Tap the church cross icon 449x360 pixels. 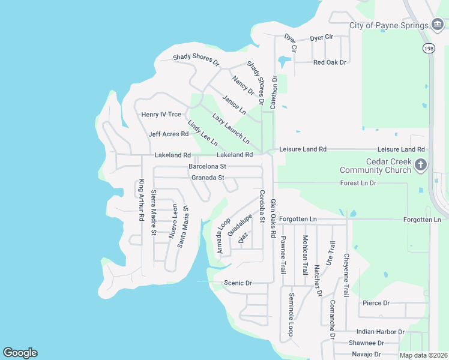tap(421, 165)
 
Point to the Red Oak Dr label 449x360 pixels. tap(330, 62)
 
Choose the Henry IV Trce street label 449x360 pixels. tap(161, 115)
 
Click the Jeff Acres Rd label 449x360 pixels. tap(169, 134)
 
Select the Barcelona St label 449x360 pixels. tap(207, 166)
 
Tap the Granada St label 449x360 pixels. tap(208, 178)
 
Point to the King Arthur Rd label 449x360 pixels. tap(142, 200)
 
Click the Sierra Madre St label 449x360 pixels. tap(154, 212)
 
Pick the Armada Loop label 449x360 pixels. tap(223, 236)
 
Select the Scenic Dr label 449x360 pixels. tap(238, 283)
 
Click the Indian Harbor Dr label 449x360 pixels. tap(381, 331)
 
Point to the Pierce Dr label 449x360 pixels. tap(376, 304)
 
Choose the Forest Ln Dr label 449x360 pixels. tap(358, 182)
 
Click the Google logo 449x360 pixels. tap(20, 353)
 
